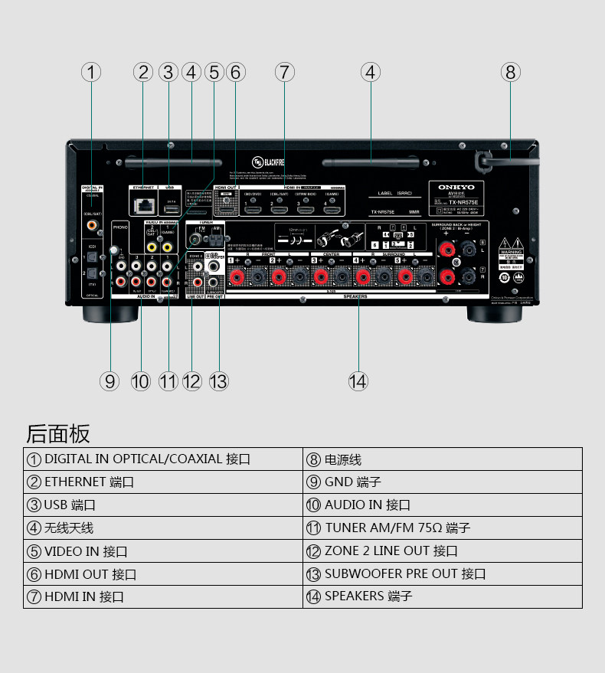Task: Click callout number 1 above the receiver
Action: [91, 72]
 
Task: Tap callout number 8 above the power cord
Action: [511, 72]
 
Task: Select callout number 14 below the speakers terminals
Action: [358, 381]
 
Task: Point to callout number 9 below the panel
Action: [110, 381]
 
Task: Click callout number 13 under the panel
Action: [219, 381]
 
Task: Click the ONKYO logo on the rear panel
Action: [456, 187]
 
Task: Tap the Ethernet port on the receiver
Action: [142, 206]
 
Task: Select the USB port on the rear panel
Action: [170, 208]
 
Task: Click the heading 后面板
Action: [58, 433]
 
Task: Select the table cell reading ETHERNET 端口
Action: [162, 482]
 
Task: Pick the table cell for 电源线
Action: [443, 459]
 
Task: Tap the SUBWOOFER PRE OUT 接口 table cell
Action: [443, 573]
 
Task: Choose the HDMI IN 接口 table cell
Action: [162, 596]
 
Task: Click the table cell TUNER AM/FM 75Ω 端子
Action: [443, 528]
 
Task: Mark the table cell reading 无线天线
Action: [162, 528]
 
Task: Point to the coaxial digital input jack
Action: [92, 225]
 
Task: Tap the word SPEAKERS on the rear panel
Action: [355, 296]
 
